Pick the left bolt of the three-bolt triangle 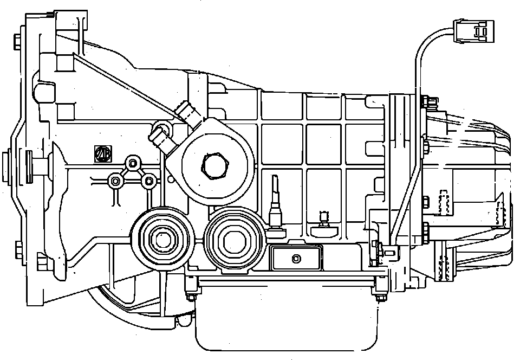click(x=114, y=181)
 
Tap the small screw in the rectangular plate click(x=296, y=258)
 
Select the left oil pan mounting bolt click(x=191, y=296)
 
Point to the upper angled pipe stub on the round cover click(x=186, y=113)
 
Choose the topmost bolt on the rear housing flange click(x=425, y=100)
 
